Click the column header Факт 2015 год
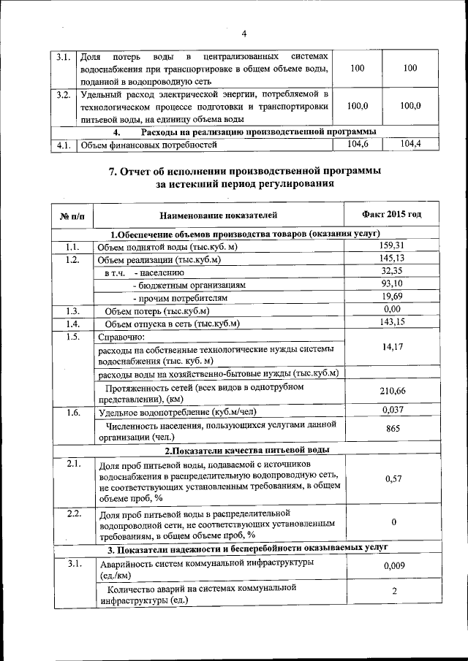pos(391,215)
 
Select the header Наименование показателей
pos(219,215)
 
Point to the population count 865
pos(392,429)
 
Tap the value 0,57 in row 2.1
pos(392,479)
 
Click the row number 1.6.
pos(72,412)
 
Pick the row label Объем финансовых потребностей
pos(149,145)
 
